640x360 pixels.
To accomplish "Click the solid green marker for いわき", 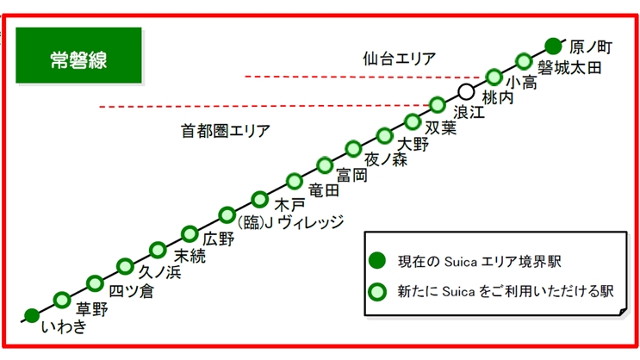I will [x=32, y=315].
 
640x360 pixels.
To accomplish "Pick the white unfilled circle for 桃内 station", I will [x=466, y=90].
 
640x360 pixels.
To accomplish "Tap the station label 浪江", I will [x=469, y=113].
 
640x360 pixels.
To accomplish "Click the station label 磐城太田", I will [x=569, y=68].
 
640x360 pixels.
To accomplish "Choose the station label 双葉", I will [x=440, y=128].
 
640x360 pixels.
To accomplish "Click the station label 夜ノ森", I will [x=383, y=159].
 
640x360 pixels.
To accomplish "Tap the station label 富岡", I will [x=352, y=175].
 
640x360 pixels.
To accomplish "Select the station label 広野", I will [x=219, y=239].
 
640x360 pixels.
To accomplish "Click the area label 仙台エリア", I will [x=399, y=59].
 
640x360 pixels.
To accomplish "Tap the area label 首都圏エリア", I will [x=226, y=131].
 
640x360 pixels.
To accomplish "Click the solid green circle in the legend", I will [x=376, y=260].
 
